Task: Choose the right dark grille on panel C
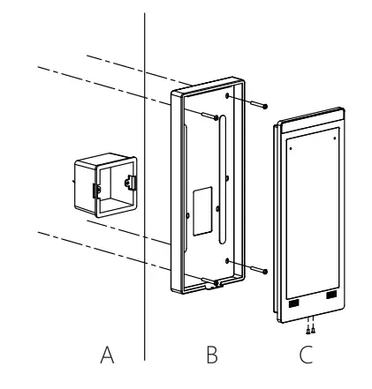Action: click(x=331, y=295)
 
